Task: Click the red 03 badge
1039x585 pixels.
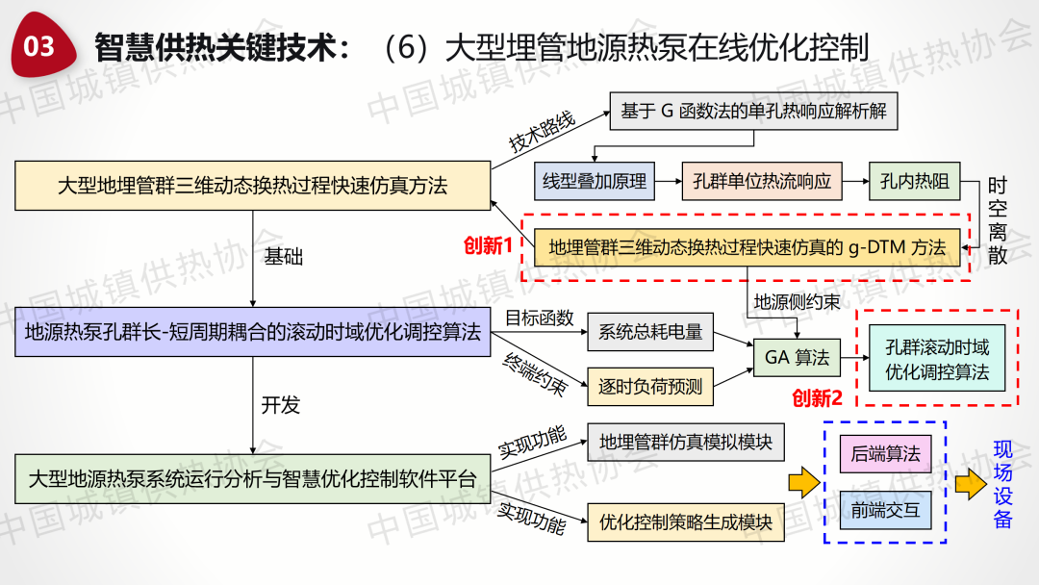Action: point(41,45)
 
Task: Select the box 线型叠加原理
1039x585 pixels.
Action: point(595,180)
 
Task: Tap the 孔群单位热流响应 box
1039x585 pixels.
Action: point(761,180)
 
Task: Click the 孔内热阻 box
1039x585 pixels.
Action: point(914,180)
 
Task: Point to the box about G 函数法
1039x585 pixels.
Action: point(753,112)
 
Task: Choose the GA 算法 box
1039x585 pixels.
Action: point(797,358)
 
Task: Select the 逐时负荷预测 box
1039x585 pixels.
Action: point(650,387)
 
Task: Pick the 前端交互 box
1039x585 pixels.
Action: point(885,509)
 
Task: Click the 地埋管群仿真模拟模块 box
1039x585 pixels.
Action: point(686,443)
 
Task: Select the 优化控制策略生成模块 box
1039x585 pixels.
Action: point(686,521)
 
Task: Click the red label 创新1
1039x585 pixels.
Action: point(489,245)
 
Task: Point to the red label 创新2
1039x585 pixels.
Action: point(818,397)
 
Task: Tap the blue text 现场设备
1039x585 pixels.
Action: point(1003,484)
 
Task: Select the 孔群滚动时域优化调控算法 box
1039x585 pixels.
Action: point(937,359)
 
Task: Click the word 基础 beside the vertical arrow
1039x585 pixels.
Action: point(282,257)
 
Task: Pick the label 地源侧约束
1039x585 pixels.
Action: point(797,302)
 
